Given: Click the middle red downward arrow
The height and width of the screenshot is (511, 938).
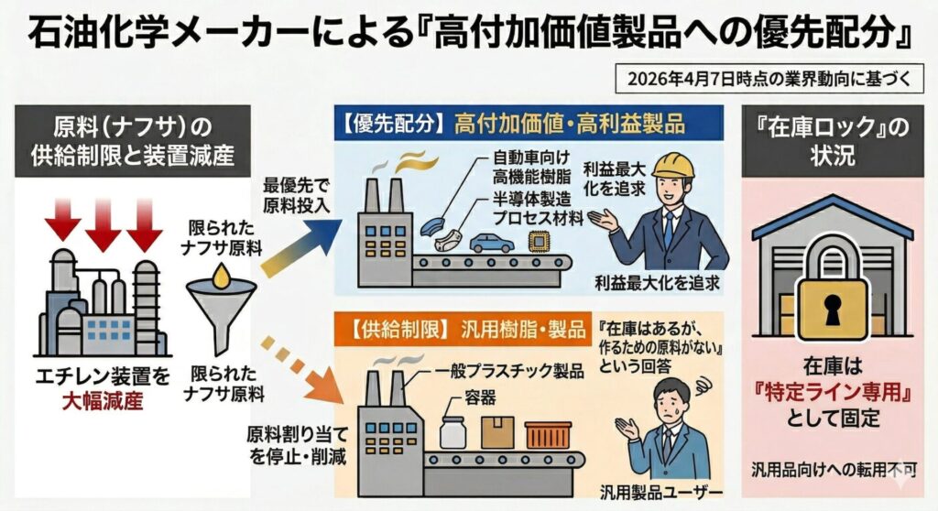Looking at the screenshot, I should [x=103, y=224].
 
